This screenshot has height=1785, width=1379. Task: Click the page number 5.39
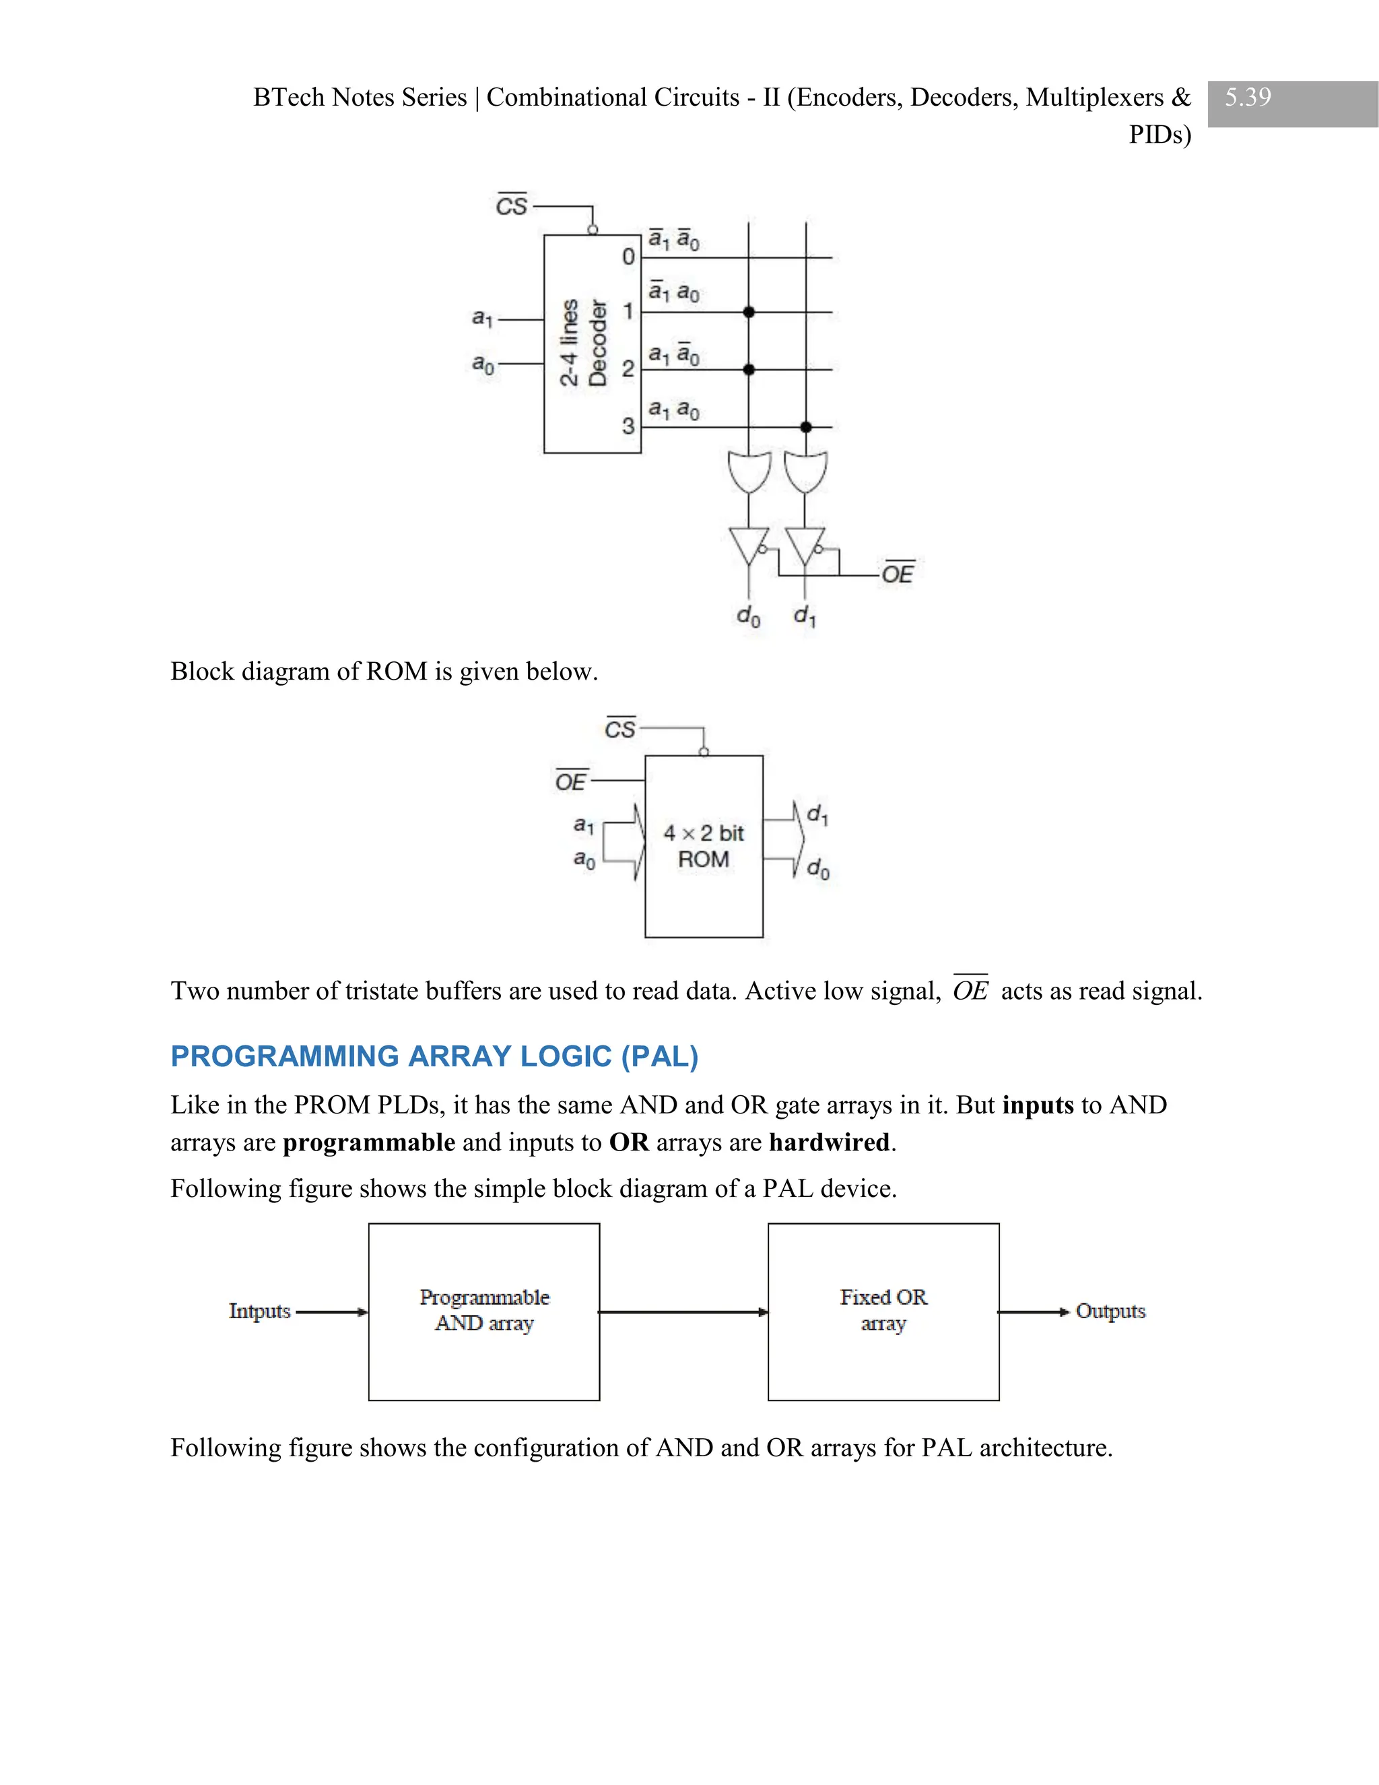click(x=1248, y=97)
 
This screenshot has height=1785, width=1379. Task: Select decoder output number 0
click(x=628, y=257)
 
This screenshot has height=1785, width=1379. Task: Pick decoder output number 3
click(x=628, y=426)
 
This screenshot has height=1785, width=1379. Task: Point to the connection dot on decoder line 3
click(x=805, y=426)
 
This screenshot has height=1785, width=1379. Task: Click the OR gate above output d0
click(x=748, y=472)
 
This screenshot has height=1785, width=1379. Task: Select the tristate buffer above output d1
click(x=805, y=545)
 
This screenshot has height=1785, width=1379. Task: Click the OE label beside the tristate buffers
click(x=897, y=574)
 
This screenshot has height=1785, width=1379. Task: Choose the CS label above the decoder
click(x=512, y=205)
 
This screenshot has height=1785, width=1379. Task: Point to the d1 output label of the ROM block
click(x=817, y=815)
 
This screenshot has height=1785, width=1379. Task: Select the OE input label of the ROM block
click(x=570, y=781)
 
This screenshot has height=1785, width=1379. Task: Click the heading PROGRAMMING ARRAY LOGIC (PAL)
click(x=434, y=1056)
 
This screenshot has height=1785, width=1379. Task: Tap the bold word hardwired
click(x=828, y=1142)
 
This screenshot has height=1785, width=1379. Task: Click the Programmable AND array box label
click(x=484, y=1310)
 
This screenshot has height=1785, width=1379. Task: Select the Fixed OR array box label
click(x=883, y=1310)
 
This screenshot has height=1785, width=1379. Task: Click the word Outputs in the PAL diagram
click(x=1110, y=1311)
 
